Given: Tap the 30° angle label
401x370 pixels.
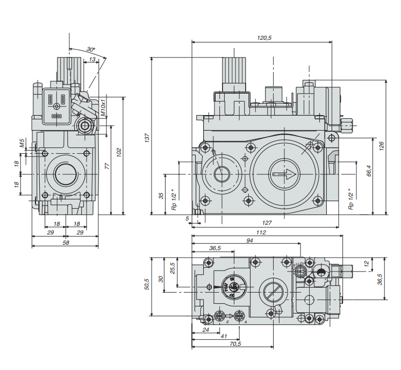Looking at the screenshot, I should pos(90,49).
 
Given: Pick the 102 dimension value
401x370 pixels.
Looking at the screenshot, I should pos(119,153).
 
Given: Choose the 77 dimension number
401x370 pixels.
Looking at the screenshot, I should pos(106,167).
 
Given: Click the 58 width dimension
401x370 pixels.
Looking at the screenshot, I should pos(66,243).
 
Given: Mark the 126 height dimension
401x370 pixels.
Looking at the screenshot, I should pos(381,146).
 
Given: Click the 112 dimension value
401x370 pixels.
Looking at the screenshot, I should pos(262,232).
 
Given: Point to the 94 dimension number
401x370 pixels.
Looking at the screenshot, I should pos(249,240).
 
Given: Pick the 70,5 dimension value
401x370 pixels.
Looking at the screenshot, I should pos(235,344).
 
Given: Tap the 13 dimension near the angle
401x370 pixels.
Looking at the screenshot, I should pos(92,60).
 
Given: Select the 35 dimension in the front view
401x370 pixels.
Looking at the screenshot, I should pos(161,195).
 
